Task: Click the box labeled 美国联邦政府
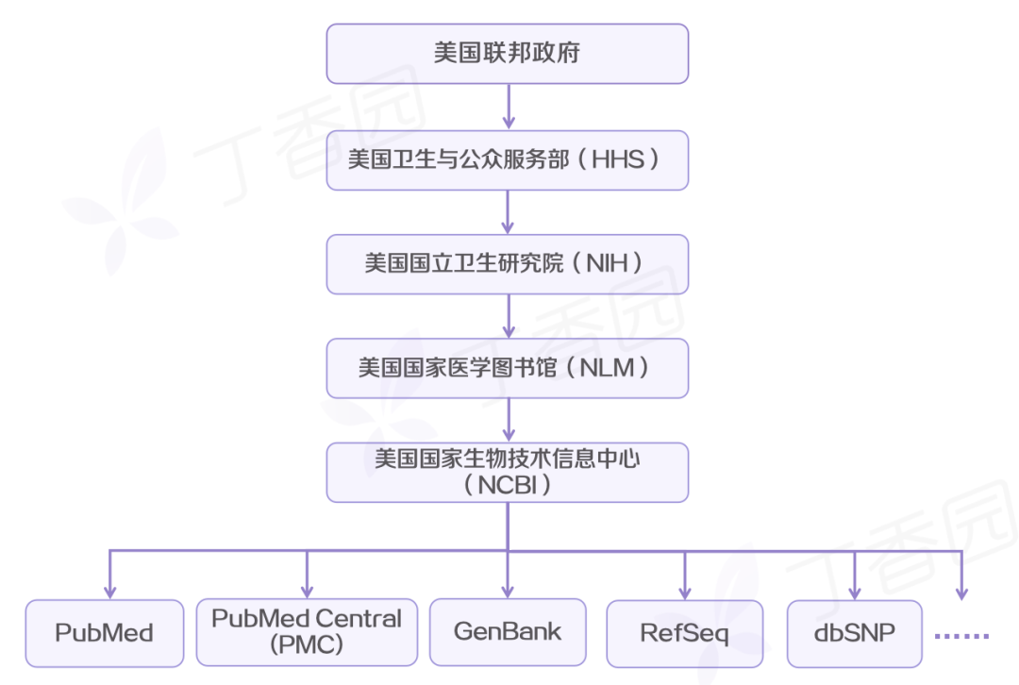(x=508, y=53)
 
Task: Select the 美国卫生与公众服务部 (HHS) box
(x=508, y=159)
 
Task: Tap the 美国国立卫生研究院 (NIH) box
(x=508, y=263)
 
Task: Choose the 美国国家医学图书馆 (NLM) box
(x=508, y=368)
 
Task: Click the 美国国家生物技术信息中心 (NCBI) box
(x=508, y=472)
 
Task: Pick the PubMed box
(x=105, y=632)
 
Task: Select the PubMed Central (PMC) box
(x=307, y=631)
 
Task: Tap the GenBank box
(x=508, y=631)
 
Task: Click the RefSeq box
(x=685, y=632)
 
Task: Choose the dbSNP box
(x=854, y=632)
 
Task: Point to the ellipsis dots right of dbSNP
(x=961, y=636)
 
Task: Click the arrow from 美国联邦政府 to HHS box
(x=509, y=106)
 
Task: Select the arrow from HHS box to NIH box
(x=509, y=211)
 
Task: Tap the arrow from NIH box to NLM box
(x=509, y=315)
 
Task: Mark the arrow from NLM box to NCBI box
(x=509, y=420)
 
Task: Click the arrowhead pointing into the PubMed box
(x=109, y=592)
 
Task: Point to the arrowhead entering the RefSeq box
(x=685, y=592)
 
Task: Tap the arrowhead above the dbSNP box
(x=855, y=592)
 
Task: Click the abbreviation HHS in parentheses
(x=617, y=159)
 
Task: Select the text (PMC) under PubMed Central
(x=306, y=644)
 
